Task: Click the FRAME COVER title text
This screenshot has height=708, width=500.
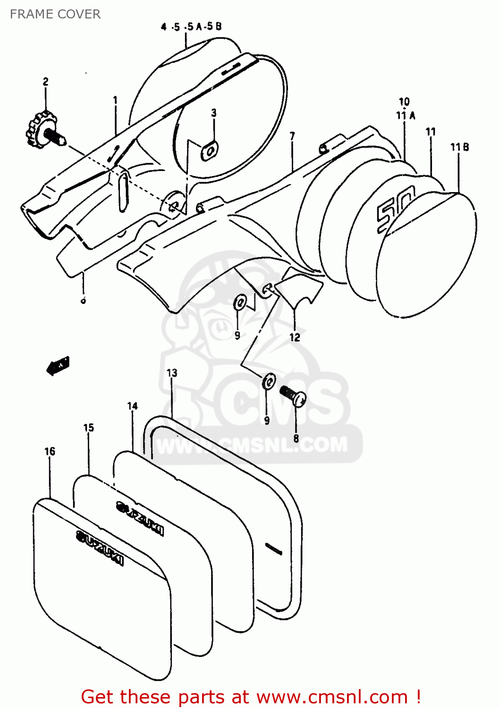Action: pyautogui.click(x=55, y=14)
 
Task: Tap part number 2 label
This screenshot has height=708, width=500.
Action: pyautogui.click(x=46, y=82)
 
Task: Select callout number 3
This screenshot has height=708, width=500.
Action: pyautogui.click(x=214, y=113)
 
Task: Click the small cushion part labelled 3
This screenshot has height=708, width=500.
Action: pyautogui.click(x=210, y=151)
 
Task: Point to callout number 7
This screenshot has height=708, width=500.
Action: pyautogui.click(x=292, y=136)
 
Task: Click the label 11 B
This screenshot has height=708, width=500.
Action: pyautogui.click(x=459, y=147)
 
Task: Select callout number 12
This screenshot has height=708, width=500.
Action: pyautogui.click(x=295, y=337)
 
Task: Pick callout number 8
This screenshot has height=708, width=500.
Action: pyautogui.click(x=296, y=438)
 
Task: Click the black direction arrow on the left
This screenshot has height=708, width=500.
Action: pyautogui.click(x=58, y=365)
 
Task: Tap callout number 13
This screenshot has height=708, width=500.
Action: pyautogui.click(x=172, y=373)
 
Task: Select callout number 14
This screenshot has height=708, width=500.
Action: pyautogui.click(x=133, y=406)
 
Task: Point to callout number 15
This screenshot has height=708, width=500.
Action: pyautogui.click(x=89, y=428)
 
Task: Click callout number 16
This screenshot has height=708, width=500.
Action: pyautogui.click(x=50, y=452)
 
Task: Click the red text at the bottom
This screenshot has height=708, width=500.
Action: pyautogui.click(x=250, y=697)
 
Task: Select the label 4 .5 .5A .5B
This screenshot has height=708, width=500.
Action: pyautogui.click(x=191, y=27)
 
